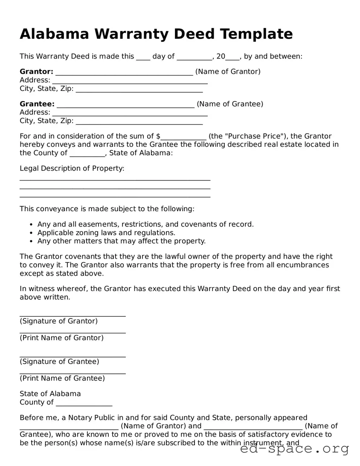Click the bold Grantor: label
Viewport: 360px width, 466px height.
pyautogui.click(x=36, y=72)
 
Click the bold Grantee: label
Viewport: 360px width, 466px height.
pyautogui.click(x=37, y=104)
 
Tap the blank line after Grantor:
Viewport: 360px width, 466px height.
pyautogui.click(x=124, y=73)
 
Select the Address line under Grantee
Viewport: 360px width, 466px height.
pyautogui.click(x=130, y=113)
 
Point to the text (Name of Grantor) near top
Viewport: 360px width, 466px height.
pyautogui.click(x=228, y=72)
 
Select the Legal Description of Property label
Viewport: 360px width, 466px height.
pyautogui.click(x=72, y=169)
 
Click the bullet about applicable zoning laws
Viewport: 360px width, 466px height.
pyautogui.click(x=106, y=233)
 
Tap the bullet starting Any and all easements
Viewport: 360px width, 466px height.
pyautogui.click(x=145, y=224)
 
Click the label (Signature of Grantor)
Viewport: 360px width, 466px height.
pyautogui.click(x=59, y=321)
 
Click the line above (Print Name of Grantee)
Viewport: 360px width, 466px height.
pyautogui.click(x=73, y=373)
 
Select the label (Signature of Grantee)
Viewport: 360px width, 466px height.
pyautogui.click(x=59, y=362)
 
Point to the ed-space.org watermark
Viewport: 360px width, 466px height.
pyautogui.click(x=294, y=449)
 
